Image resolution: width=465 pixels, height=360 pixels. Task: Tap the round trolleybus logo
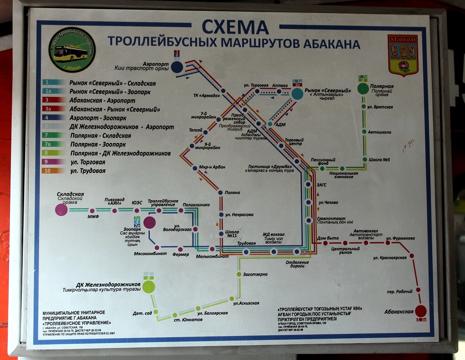(x=72, y=50)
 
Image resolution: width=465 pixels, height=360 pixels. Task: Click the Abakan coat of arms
(x=402, y=55)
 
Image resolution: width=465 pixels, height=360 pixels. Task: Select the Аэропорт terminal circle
(x=177, y=67)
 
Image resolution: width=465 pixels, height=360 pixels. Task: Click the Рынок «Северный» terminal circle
(x=297, y=94)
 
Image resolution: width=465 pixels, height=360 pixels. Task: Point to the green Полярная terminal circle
(x=363, y=89)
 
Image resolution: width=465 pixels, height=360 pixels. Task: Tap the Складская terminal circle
(x=61, y=209)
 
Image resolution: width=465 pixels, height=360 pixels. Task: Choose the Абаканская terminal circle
(x=421, y=311)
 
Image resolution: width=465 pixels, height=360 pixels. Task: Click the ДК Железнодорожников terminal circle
(x=148, y=287)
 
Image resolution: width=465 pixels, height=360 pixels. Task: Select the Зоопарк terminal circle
(x=149, y=222)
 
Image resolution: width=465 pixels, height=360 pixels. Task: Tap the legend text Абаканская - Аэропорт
(x=102, y=100)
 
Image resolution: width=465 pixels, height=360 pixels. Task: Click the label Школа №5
(x=379, y=159)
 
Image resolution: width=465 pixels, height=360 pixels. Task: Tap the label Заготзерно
(x=255, y=274)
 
